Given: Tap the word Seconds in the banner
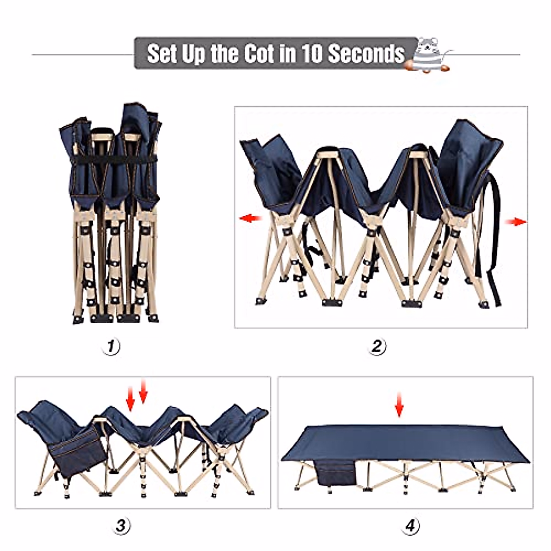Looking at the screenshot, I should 365,54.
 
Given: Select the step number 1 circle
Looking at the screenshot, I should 111,346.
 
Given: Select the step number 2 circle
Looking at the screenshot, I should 377,346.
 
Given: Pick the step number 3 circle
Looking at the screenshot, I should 120,525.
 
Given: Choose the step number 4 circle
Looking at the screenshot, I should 411,525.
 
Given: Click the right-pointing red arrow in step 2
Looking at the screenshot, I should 516,222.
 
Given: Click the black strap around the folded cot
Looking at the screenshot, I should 110,162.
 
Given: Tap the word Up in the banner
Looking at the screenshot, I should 192,54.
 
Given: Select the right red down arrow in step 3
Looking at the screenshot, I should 143,392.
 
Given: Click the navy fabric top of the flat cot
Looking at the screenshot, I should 404,441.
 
